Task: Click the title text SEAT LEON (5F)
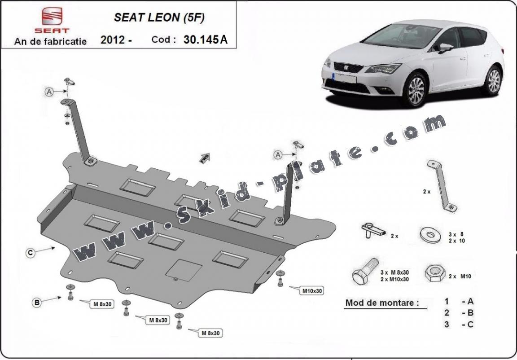click(x=160, y=18)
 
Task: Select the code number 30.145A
click(x=205, y=40)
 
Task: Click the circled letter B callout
click(x=37, y=303)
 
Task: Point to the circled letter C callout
click(x=30, y=253)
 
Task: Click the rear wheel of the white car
click(x=494, y=80)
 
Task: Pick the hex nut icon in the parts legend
click(x=433, y=273)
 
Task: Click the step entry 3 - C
click(x=458, y=324)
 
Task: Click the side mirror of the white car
click(x=445, y=48)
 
